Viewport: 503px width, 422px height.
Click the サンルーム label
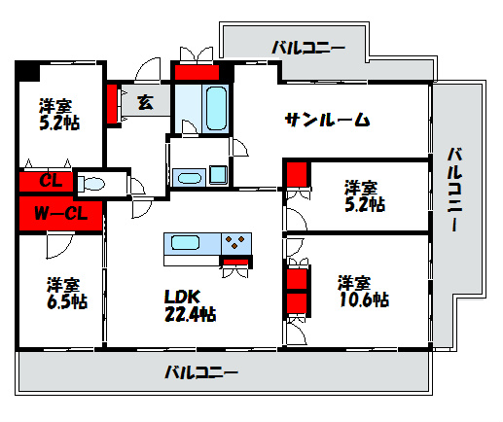pos(327,120)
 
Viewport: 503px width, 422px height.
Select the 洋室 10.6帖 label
pos(363,292)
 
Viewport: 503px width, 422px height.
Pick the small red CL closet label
pos(52,181)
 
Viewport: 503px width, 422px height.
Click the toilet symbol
pos(94,183)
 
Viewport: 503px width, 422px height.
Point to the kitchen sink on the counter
pos(184,243)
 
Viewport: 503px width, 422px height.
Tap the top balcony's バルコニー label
pos(307,46)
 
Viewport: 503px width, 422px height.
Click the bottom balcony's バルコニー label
pos(200,371)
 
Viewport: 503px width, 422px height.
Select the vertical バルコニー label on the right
pos(455,190)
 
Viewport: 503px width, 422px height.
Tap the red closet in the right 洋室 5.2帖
pos(298,176)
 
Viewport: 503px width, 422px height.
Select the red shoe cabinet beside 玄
pos(112,103)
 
